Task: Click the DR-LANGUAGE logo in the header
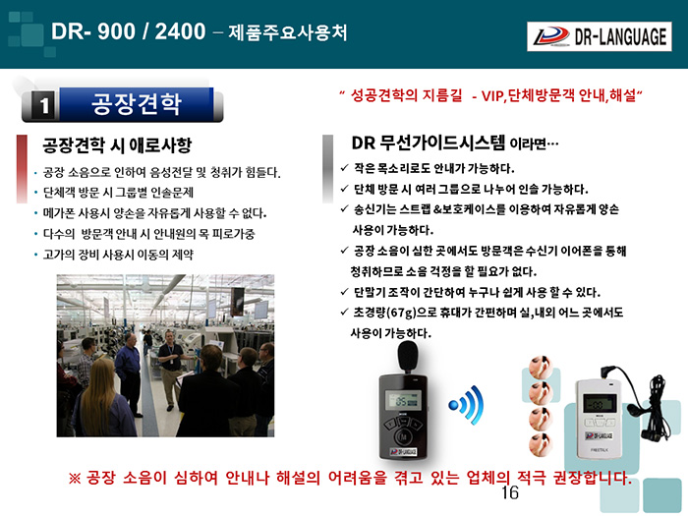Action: tap(599, 36)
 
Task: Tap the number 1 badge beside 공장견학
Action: tap(44, 105)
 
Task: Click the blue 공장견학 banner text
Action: tap(137, 103)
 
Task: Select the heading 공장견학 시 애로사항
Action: tap(117, 144)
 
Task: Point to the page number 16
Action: tap(510, 492)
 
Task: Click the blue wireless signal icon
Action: tap(467, 405)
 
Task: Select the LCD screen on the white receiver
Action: tap(600, 403)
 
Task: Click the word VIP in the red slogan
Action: tap(491, 95)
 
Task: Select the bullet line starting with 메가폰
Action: tap(154, 213)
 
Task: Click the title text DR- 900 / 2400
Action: tap(128, 31)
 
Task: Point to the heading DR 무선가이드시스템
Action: tap(429, 143)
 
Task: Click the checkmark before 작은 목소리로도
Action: tap(344, 168)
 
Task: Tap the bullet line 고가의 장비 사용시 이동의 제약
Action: tap(118, 255)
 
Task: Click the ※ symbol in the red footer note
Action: tap(75, 478)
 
